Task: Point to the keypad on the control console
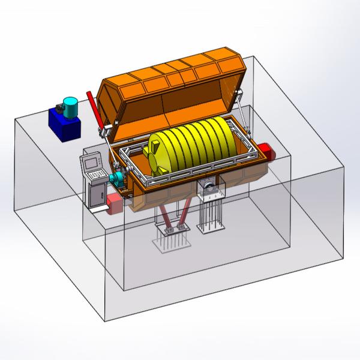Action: (x=95, y=174)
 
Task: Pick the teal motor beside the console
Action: (x=116, y=179)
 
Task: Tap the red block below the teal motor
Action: (x=115, y=203)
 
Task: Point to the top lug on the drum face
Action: (x=155, y=142)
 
